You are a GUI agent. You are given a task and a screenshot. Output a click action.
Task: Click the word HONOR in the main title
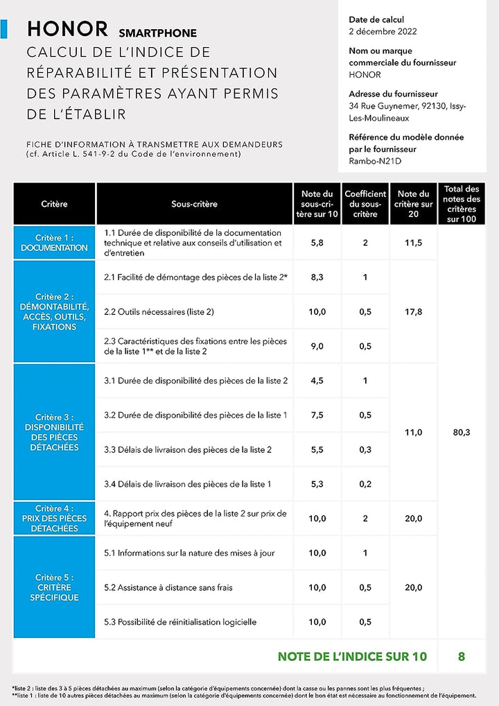click(67, 29)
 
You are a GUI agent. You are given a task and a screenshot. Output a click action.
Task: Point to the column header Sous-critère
click(194, 204)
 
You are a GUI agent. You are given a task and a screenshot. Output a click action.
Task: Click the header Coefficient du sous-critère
click(365, 204)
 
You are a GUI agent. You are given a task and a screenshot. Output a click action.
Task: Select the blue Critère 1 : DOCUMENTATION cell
click(54, 243)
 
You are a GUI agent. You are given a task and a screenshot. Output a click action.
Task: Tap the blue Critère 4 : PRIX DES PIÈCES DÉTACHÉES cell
click(54, 518)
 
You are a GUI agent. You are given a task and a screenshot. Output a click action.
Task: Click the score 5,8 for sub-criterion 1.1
click(317, 243)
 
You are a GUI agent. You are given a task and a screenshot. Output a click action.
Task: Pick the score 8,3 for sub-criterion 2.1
click(317, 277)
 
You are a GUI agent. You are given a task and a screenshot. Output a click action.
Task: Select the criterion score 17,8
click(413, 312)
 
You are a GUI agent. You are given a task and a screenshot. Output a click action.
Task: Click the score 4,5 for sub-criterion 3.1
click(317, 381)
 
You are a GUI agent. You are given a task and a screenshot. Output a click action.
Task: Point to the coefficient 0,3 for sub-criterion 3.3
click(365, 449)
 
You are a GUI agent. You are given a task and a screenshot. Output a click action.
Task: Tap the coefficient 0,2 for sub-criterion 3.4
click(365, 484)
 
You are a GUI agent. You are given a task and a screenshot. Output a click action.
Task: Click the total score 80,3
click(461, 432)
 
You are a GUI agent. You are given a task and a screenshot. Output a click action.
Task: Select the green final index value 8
click(461, 656)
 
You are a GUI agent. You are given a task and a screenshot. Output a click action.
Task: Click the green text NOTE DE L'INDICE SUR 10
click(352, 656)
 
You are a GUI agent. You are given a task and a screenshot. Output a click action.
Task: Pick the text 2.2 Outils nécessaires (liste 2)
click(159, 312)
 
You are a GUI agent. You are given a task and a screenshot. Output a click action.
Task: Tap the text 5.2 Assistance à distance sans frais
click(168, 587)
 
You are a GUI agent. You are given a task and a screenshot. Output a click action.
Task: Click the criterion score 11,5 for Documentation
click(413, 243)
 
